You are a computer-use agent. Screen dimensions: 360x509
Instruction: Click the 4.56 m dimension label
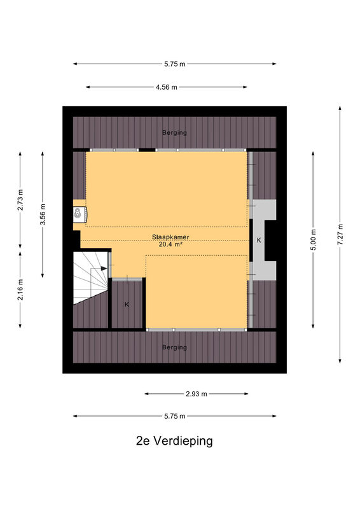pos(167,87)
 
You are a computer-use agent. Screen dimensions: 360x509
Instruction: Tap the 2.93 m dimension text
pos(196,394)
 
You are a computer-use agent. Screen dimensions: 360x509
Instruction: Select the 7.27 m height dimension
pos(340,235)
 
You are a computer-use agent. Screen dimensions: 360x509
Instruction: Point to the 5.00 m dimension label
pos(313,240)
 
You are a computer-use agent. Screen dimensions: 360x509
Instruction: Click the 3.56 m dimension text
pos(43,214)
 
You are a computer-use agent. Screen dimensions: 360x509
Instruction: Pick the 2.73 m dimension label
pos(20,200)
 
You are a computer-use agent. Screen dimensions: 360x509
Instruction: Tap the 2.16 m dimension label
pos(20,289)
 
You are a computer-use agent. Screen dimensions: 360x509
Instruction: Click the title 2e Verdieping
pos(174,441)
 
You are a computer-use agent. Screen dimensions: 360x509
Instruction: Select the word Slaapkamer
pos(170,237)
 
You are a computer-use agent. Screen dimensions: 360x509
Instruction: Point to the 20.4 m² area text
pos(170,244)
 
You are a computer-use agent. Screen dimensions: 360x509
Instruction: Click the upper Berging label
pos(175,132)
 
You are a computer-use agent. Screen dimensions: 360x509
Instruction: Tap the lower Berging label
pos(175,347)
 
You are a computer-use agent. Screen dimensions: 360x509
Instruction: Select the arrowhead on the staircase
pos(104,268)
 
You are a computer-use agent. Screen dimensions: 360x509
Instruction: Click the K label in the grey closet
pos(259,241)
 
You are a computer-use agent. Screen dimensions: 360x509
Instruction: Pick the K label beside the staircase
pos(127,305)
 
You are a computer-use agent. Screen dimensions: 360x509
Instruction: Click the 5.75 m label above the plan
pos(175,64)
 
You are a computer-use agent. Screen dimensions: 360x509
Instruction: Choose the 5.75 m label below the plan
pos(175,416)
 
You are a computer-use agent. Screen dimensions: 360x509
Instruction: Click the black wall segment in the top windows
pos(147,150)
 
